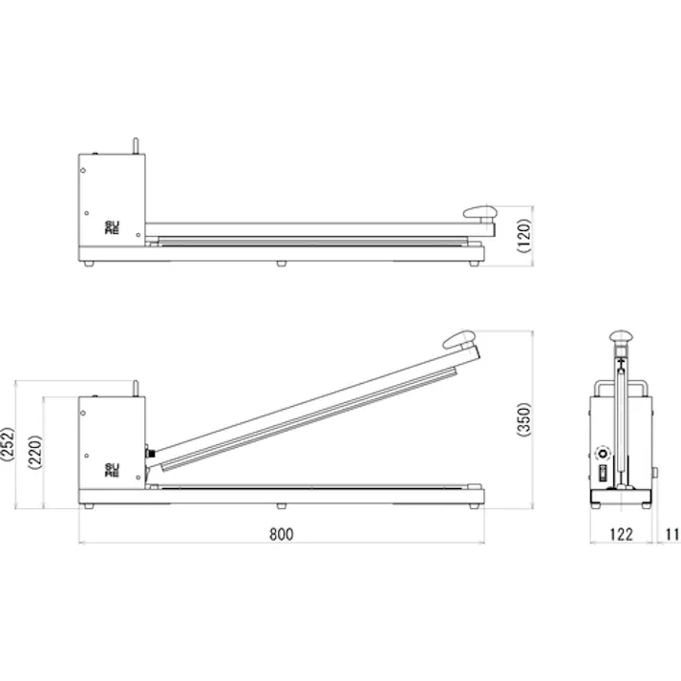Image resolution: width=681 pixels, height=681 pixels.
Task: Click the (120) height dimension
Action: pos(523,234)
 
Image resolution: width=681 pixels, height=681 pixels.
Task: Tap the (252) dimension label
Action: pos(8,445)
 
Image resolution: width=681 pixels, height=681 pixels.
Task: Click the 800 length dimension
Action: pos(280,534)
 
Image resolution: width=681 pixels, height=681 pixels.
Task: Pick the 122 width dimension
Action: pos(621,534)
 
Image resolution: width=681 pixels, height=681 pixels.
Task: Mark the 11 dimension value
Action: pos(672,534)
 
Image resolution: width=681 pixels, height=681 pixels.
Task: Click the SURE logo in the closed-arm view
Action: pos(113,227)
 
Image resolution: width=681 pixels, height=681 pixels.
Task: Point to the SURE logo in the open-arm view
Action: pos(113,469)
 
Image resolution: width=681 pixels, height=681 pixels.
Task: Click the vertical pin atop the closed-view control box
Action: pos(135,144)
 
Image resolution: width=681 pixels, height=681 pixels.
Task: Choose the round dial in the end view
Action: pos(602,453)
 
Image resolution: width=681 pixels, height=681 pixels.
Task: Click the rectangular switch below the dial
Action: pos(602,474)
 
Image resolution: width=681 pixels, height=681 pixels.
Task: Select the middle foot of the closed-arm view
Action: pos(281,264)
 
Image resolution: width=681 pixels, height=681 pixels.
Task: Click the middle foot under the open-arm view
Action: pos(281,506)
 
